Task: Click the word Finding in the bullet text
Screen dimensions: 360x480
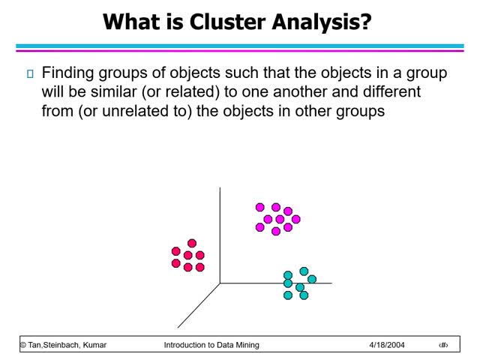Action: [x=67, y=73]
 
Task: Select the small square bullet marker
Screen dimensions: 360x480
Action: [x=30, y=73]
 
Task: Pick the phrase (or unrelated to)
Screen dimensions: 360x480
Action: [x=133, y=112]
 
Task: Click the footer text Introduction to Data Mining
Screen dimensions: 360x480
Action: [x=211, y=345]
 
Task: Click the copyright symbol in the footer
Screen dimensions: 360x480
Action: [x=22, y=345]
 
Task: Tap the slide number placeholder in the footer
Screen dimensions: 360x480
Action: [x=443, y=345]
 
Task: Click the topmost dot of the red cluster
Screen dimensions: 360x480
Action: [x=192, y=243]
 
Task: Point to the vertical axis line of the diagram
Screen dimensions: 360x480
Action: [x=220, y=232]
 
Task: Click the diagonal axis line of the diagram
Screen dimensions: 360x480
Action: [x=199, y=305]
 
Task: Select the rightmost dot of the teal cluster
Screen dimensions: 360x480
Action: [x=312, y=279]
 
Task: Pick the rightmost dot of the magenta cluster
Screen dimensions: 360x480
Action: [x=295, y=219]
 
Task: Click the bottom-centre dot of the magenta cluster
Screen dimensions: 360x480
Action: [x=276, y=231]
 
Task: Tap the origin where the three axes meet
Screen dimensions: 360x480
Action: [x=220, y=283]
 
